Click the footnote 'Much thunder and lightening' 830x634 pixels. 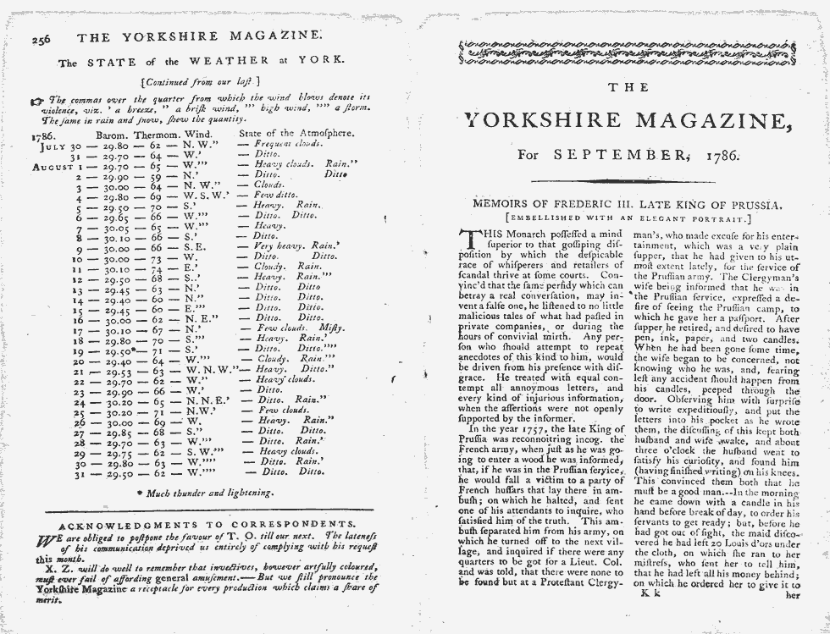[x=204, y=491]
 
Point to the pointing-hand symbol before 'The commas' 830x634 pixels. [x=36, y=100]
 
